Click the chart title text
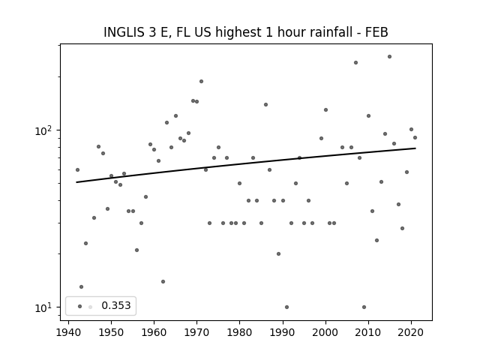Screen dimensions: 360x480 click(245, 32)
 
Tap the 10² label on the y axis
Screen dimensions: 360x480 click(46, 130)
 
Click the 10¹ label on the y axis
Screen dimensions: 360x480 click(46, 307)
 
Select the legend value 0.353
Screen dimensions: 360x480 click(115, 305)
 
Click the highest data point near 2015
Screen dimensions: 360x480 click(389, 56)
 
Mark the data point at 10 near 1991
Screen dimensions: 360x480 click(286, 307)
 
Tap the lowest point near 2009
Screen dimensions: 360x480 click(364, 307)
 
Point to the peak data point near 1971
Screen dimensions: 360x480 click(201, 81)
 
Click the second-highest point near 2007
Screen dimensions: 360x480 click(355, 62)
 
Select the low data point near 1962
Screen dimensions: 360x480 click(163, 281)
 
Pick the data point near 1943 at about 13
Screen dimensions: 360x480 click(81, 286)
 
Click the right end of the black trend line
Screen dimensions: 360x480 click(415, 148)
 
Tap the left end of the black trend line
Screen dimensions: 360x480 click(77, 182)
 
